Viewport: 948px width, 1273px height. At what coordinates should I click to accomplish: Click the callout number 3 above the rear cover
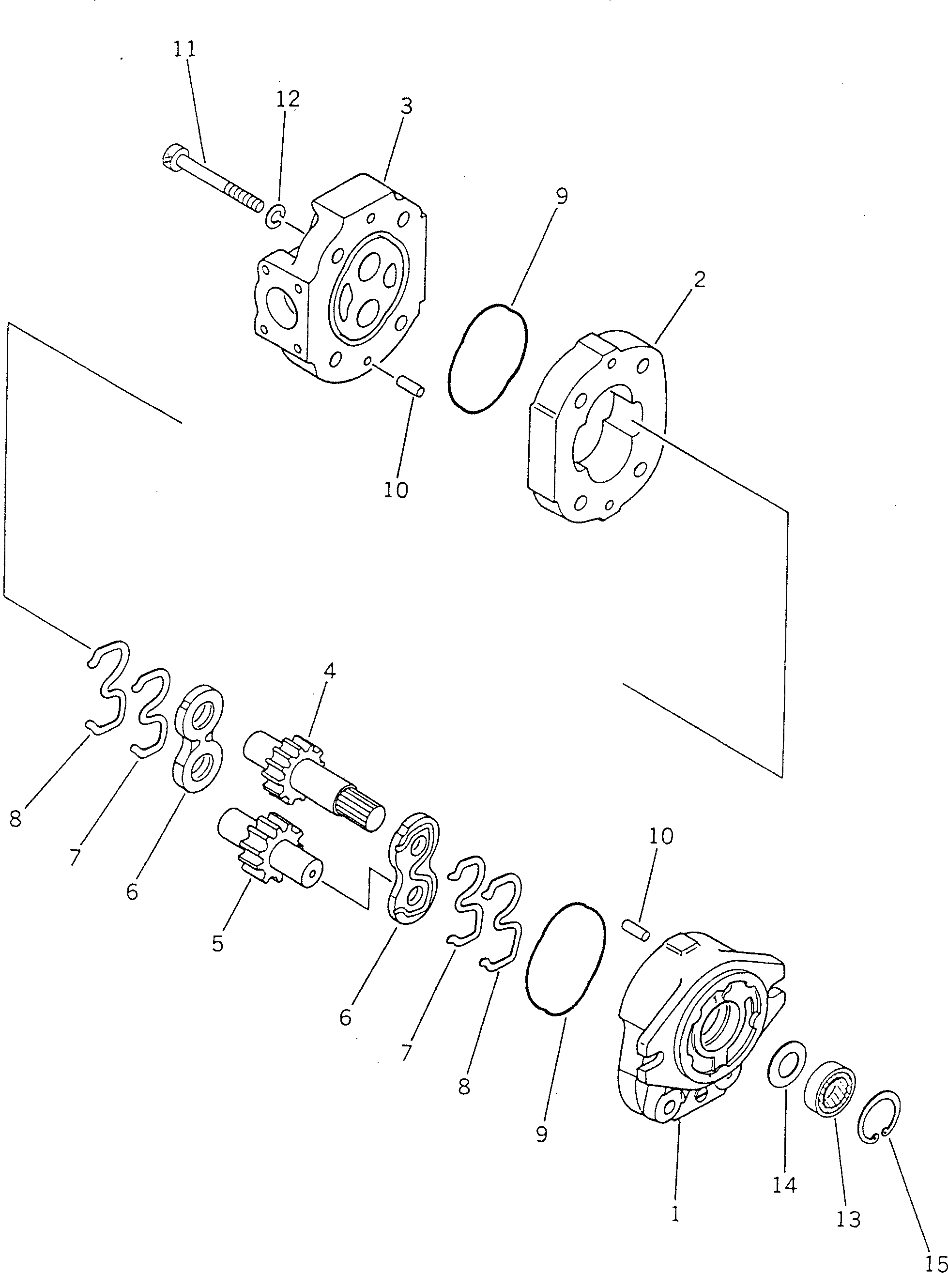coord(406,106)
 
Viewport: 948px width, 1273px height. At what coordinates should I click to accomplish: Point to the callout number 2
coord(699,279)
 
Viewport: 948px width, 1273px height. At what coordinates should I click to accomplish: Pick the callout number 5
coord(217,943)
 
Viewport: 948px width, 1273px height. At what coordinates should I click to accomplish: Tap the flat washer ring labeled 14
coord(787,1063)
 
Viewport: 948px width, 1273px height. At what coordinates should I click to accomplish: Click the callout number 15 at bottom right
coord(935,1263)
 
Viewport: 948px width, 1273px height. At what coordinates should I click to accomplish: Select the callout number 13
coord(848,1218)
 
